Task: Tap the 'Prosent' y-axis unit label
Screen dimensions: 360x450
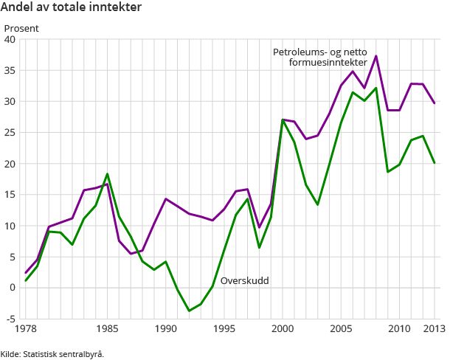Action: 21,28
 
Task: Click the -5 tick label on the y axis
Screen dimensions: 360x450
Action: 10,319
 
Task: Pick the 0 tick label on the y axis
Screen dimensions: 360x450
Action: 13,288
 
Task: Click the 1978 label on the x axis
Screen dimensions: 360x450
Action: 26,330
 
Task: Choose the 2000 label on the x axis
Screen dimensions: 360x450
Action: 283,330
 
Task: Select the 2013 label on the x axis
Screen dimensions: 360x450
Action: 433,330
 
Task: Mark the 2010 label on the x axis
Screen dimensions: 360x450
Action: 399,330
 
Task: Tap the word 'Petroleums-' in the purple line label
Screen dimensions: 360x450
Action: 299,52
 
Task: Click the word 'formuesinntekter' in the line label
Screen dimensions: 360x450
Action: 328,63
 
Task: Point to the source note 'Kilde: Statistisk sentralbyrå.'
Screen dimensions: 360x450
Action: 52,353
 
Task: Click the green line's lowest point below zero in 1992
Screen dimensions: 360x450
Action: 189,311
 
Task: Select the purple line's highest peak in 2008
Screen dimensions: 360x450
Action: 376,56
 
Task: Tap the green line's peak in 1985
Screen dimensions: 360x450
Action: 107,174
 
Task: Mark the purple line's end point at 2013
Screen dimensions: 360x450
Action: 435,103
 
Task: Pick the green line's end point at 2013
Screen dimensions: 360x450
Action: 435,162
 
